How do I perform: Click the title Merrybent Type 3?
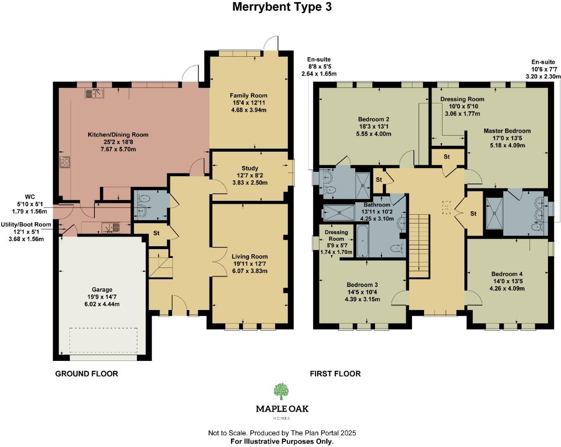pos(282,7)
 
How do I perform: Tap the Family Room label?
pos(248,95)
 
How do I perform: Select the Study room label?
pos(250,168)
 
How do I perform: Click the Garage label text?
pos(102,289)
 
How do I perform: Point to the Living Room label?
pos(249,256)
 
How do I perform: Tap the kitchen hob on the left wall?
pos(65,162)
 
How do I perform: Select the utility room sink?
pos(111,227)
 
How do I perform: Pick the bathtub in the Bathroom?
pos(362,241)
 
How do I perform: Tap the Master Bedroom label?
pos(507,131)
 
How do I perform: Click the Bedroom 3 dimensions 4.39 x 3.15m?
pos(362,300)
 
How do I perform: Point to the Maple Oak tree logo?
pos(281,392)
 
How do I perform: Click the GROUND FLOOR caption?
pos(87,373)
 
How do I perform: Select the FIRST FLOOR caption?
pos(335,373)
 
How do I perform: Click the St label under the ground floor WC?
pos(156,233)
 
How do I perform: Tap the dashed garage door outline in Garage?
pos(103,340)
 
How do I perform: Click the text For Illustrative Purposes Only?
pos(282,441)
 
